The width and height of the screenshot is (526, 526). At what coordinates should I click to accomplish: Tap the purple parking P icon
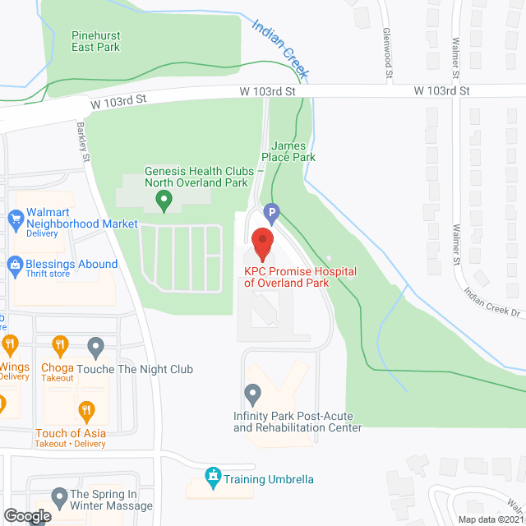270,214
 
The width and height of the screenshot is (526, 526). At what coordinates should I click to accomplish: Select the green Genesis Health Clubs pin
164,198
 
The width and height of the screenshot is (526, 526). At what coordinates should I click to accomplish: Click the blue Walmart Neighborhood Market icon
14,219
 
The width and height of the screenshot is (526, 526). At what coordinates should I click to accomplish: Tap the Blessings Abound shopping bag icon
14,265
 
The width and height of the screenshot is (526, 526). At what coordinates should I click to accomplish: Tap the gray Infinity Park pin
252,394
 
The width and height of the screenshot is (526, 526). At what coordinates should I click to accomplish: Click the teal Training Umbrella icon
213,476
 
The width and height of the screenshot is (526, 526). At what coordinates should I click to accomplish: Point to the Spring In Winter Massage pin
59,496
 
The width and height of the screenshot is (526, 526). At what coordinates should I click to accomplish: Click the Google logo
26,516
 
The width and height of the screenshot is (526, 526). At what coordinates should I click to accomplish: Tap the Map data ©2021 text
489,519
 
